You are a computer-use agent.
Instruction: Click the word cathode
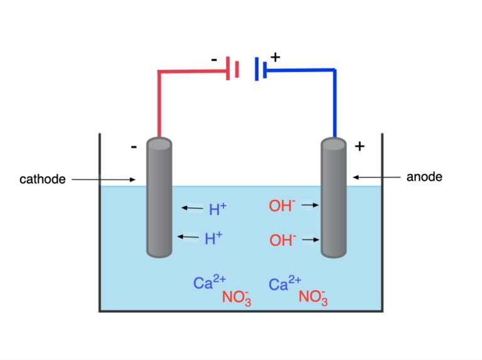click(43, 179)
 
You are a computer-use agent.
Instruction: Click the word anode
click(424, 177)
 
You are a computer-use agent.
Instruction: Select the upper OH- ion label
click(282, 206)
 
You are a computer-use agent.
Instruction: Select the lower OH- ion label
click(282, 240)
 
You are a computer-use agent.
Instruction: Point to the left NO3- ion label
click(237, 297)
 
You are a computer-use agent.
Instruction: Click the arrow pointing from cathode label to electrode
click(104, 180)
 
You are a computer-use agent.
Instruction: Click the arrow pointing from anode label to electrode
click(377, 177)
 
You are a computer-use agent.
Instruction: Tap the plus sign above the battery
click(275, 57)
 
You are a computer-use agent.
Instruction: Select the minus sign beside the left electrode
click(134, 147)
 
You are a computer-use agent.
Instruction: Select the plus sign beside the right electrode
click(359, 147)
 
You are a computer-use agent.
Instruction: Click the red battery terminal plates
click(232, 69)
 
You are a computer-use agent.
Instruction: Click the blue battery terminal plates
click(260, 69)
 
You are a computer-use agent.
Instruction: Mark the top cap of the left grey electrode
click(159, 144)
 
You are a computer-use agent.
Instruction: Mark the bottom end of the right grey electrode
click(334, 252)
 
